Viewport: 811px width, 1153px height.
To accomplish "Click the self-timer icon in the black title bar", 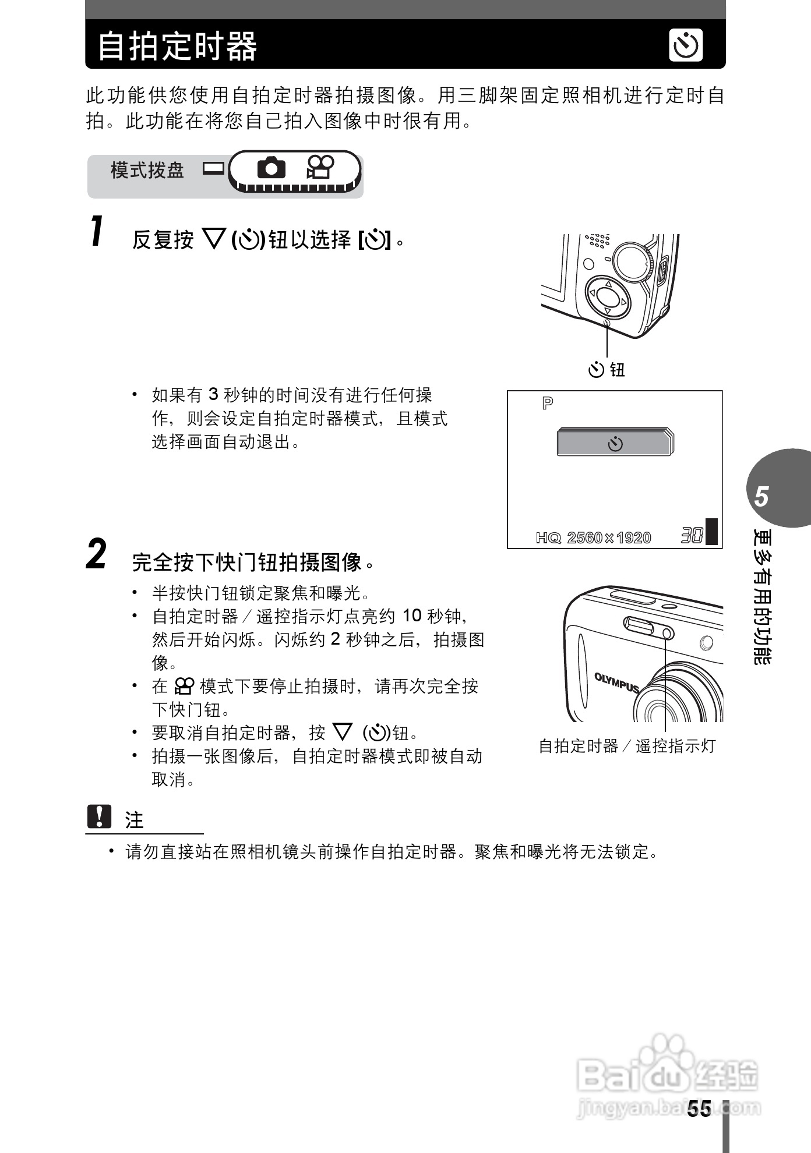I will [686, 45].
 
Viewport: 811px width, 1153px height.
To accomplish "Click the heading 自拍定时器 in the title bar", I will [177, 46].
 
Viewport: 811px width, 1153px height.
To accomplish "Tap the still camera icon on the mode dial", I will [271, 168].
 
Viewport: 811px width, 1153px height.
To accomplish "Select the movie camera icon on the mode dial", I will [320, 168].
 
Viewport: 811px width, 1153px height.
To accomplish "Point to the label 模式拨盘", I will [147, 170].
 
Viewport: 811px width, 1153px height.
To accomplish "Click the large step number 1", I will [97, 231].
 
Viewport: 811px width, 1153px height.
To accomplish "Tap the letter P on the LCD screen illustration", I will [547, 403].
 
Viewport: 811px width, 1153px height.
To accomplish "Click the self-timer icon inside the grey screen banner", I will [615, 444].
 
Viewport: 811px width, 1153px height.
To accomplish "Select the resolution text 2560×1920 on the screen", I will [609, 537].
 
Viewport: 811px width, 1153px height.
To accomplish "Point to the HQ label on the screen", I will [548, 537].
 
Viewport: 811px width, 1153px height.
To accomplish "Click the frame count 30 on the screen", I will [692, 535].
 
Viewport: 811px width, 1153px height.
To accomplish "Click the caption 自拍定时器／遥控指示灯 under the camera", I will [627, 746].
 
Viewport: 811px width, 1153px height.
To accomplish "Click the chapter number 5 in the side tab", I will [761, 497].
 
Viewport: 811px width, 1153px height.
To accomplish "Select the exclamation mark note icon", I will [99, 816].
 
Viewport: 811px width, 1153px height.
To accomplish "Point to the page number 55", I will [699, 1108].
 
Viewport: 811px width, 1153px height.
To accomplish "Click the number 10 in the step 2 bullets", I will [412, 616].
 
